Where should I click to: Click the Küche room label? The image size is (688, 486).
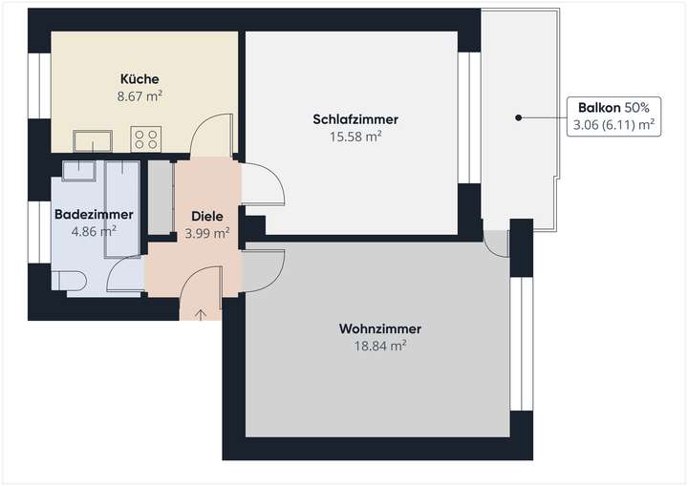(x=140, y=78)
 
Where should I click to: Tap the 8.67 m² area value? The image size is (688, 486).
(x=140, y=95)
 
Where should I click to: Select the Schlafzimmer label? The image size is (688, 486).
(x=355, y=119)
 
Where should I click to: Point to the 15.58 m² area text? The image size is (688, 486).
(x=355, y=137)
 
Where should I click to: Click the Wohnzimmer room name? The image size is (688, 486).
(x=379, y=329)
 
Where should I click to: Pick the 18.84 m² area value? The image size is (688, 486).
(x=379, y=347)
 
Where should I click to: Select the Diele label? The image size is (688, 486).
(x=206, y=216)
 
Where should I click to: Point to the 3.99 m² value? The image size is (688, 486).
(x=206, y=232)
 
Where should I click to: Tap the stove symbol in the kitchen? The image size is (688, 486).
(x=145, y=140)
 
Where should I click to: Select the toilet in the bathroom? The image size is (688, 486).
(x=69, y=280)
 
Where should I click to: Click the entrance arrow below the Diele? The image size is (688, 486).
(x=201, y=313)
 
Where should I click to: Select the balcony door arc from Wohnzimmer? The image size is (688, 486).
(x=497, y=244)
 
